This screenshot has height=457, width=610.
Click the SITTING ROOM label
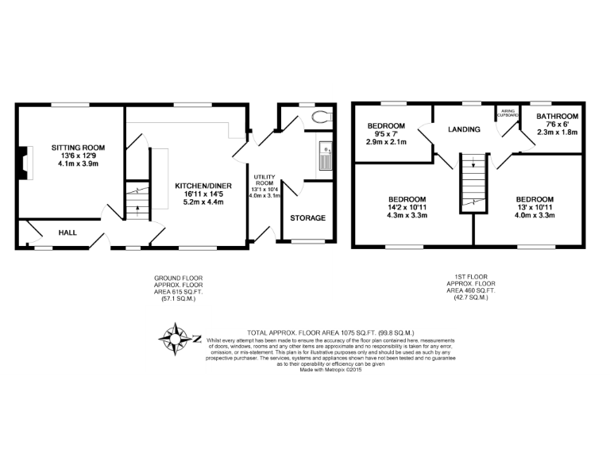pos(78,148)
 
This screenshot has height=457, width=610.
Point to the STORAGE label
pos(306,217)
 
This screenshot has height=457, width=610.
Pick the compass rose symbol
pos(175,340)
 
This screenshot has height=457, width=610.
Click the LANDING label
pos(464,129)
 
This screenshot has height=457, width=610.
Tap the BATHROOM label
pos(557,117)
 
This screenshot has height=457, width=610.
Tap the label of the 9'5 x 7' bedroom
pos(387,125)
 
